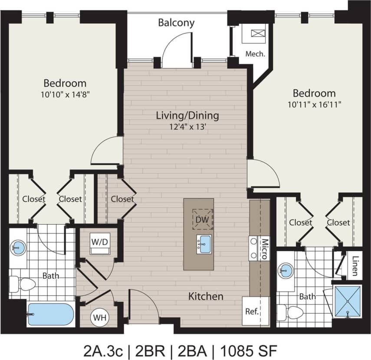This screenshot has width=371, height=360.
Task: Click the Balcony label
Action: [x=176, y=23]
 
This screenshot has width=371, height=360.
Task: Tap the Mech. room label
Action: [x=255, y=54]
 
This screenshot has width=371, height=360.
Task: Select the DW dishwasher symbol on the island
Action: [x=202, y=219]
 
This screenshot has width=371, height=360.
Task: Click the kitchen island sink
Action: [x=204, y=244]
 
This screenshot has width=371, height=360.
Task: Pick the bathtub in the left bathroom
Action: [x=50, y=314]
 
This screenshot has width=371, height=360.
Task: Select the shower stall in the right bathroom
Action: [x=348, y=301]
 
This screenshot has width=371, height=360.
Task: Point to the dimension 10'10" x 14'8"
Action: [x=65, y=93]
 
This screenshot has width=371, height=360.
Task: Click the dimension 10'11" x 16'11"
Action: [x=314, y=104]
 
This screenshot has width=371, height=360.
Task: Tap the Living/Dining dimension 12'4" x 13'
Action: [x=187, y=127]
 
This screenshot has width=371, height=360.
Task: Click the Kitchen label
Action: [x=206, y=297]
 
